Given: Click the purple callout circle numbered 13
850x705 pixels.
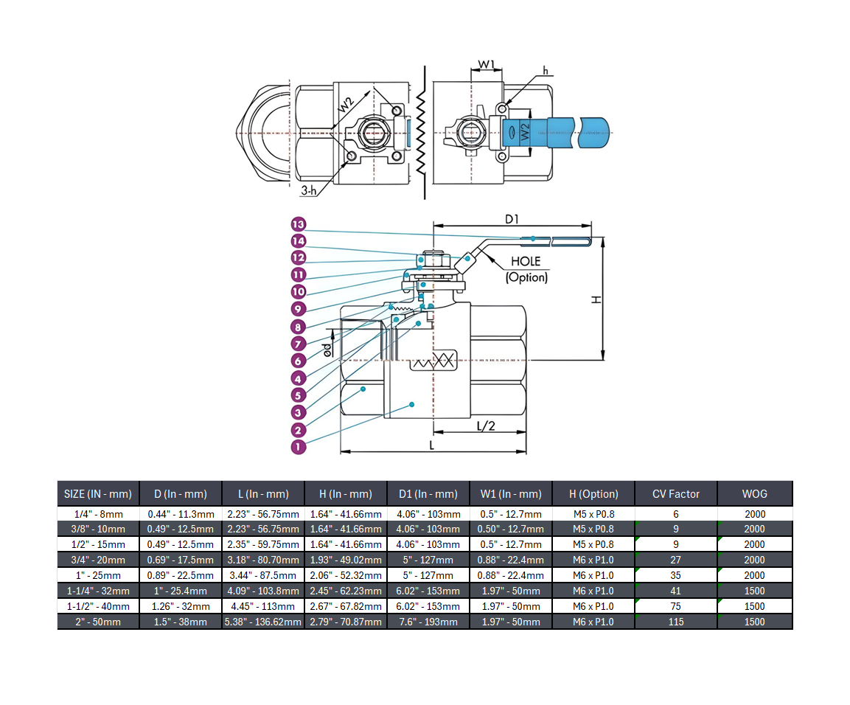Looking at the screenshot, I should [x=298, y=224].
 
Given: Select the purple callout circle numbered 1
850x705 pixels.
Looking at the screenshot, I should [x=298, y=447].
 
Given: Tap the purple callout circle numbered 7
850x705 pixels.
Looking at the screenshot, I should [x=298, y=344].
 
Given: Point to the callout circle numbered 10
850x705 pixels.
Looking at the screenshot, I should [x=298, y=292].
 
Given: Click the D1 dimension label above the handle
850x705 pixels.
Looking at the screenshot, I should [x=512, y=219].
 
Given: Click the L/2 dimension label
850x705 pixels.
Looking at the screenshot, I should [x=486, y=426].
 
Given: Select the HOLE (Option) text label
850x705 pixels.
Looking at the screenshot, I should [x=526, y=269].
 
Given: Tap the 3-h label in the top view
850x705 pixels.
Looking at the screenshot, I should [x=309, y=191].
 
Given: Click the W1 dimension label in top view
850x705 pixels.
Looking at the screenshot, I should [x=486, y=65].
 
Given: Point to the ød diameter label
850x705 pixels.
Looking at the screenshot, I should [x=328, y=348].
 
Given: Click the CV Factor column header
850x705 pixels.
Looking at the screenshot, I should [x=675, y=494].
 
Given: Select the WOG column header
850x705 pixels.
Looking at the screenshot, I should [x=755, y=494].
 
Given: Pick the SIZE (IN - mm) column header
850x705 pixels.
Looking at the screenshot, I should [x=97, y=494].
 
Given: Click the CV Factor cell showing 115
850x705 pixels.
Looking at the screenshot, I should [x=675, y=622].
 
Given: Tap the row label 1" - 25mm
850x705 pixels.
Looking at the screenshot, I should [x=97, y=575].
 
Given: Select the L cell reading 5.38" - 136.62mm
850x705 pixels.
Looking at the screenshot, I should [x=263, y=622].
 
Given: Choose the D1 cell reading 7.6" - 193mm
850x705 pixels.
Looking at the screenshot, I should [x=428, y=622].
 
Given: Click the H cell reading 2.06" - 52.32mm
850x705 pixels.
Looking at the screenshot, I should [x=346, y=575].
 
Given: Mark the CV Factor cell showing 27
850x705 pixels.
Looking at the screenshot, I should [x=675, y=560].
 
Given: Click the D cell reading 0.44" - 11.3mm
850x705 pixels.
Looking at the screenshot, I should [x=181, y=514].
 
